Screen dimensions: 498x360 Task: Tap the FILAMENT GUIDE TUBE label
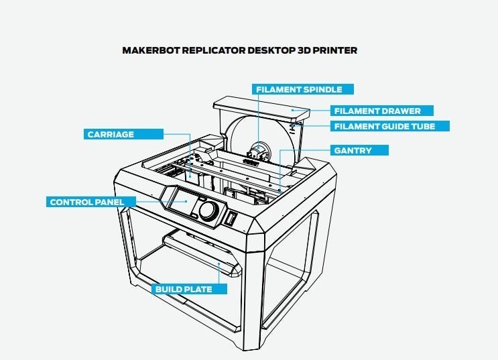389,126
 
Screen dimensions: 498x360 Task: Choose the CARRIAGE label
111,134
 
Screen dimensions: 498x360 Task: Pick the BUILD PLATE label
183,290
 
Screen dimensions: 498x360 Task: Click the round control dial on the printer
210,211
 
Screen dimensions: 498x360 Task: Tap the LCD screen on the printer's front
181,202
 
